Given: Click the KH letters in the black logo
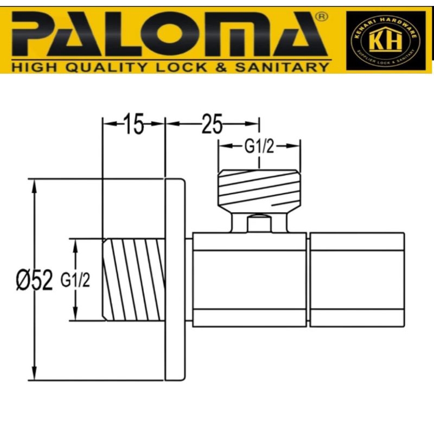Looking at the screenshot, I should [386, 41].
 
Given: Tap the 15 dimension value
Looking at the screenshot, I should [133, 124].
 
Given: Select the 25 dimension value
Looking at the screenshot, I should [212, 124].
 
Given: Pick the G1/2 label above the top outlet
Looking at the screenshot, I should [258, 148].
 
